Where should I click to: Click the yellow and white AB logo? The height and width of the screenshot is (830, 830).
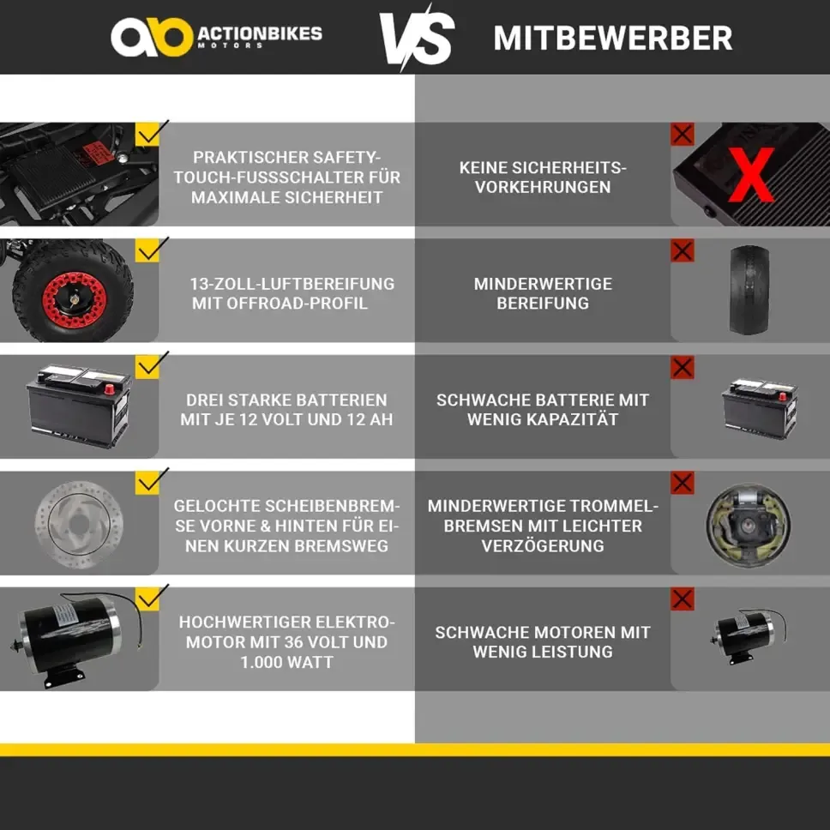(x=152, y=37)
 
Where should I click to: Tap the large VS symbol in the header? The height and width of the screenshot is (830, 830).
(x=417, y=38)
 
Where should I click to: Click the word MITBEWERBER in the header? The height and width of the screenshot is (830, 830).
(x=613, y=38)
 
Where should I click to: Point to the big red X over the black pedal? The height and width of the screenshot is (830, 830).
(x=751, y=175)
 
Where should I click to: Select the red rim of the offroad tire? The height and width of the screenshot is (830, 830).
(x=74, y=300)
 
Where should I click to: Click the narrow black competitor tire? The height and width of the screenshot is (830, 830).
(x=749, y=290)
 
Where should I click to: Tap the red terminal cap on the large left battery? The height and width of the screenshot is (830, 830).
(x=110, y=389)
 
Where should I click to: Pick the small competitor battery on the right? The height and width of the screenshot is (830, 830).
(x=761, y=408)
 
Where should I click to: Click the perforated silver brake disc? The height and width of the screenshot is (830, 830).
(x=79, y=524)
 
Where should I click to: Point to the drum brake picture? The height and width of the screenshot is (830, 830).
(x=749, y=525)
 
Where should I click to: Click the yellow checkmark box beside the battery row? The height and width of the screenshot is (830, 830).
(x=147, y=366)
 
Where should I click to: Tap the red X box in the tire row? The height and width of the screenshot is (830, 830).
(x=683, y=251)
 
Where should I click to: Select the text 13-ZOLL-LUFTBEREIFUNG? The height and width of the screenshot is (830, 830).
(x=292, y=284)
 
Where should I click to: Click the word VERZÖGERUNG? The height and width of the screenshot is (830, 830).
(x=543, y=545)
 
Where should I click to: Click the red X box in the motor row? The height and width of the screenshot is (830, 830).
(x=683, y=599)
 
